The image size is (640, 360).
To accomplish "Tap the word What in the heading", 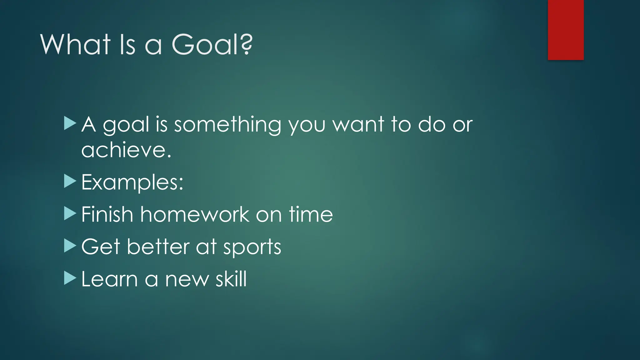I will click(75, 45).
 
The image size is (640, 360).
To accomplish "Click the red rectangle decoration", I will click(566, 30).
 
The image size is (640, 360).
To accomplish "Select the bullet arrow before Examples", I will click(70, 181).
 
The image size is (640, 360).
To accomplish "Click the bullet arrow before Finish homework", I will click(70, 214).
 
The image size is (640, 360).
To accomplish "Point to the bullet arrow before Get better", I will click(70, 246).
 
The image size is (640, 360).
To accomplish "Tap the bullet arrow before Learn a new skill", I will click(70, 278).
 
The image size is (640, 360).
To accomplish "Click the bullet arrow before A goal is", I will click(70, 123).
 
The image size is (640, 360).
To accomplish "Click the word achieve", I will click(126, 150).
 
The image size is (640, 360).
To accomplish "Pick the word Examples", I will click(132, 182).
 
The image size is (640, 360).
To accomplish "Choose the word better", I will click(158, 247).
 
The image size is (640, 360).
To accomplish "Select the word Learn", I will click(109, 279).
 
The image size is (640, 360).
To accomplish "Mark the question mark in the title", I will click(247, 45).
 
